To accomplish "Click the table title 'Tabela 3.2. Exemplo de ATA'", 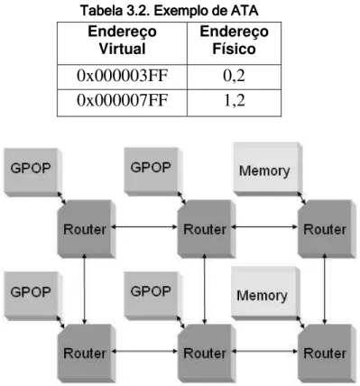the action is pyautogui.click(x=170, y=11).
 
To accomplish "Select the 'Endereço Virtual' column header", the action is pyautogui.click(x=122, y=41).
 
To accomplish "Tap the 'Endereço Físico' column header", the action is pyautogui.click(x=234, y=41).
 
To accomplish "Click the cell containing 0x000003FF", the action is pyautogui.click(x=122, y=76).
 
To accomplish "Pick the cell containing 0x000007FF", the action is pyautogui.click(x=122, y=100).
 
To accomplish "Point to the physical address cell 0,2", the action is pyautogui.click(x=234, y=76).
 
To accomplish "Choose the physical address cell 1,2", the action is pyautogui.click(x=234, y=100).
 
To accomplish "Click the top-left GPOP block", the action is pyautogui.click(x=32, y=171).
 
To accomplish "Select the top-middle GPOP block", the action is pyautogui.click(x=152, y=171).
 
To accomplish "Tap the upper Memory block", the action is pyautogui.click(x=267, y=170).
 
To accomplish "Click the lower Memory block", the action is pyautogui.click(x=264, y=293).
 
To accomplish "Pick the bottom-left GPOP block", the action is pyautogui.click(x=32, y=296).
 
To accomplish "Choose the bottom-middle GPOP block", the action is pyautogui.click(x=152, y=296).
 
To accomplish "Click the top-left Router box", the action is pyautogui.click(x=87, y=229).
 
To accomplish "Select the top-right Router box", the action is pyautogui.click(x=327, y=229).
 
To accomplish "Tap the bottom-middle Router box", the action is pyautogui.click(x=207, y=353).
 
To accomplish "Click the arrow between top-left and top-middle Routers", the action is pyautogui.click(x=144, y=227).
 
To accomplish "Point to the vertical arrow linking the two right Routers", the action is pyautogui.click(x=325, y=289).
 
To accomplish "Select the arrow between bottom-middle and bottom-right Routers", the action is pyautogui.click(x=264, y=351).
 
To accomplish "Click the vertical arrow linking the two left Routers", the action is pyautogui.click(x=85, y=289).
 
